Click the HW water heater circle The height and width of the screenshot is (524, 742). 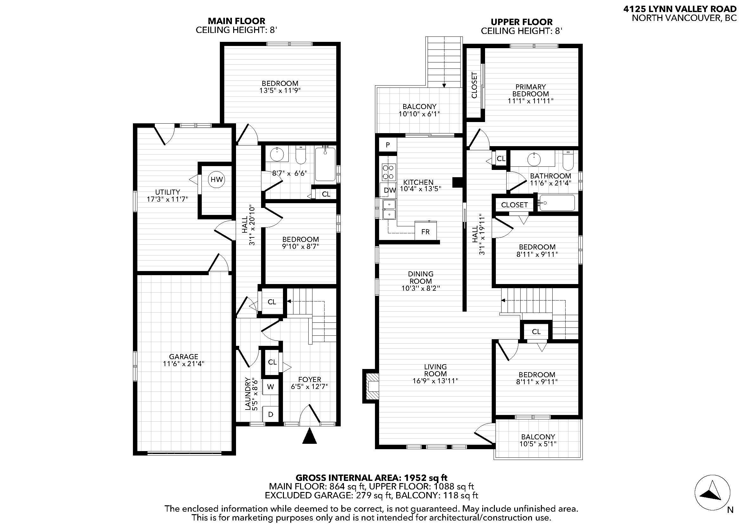tap(217, 179)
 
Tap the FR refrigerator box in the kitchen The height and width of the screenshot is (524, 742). tap(425, 231)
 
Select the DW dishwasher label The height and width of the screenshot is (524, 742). tap(390, 191)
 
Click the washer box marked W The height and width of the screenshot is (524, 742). tap(271, 387)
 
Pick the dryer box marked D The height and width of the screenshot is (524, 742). tap(271, 414)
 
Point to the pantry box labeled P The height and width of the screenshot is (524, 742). tap(387, 145)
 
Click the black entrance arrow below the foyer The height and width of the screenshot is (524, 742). tap(310, 436)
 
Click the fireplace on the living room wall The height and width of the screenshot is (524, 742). tap(371, 386)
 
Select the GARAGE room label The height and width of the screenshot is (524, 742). tap(184, 357)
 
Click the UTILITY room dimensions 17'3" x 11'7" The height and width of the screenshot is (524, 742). tap(167, 199)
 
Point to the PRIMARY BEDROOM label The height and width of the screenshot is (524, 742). tap(530, 90)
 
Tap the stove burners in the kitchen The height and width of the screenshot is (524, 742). tap(388, 172)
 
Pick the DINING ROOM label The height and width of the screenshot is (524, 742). tap(420, 277)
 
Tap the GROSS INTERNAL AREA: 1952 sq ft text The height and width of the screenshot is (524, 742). tap(371, 477)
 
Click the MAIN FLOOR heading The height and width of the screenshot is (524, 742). tap(236, 21)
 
